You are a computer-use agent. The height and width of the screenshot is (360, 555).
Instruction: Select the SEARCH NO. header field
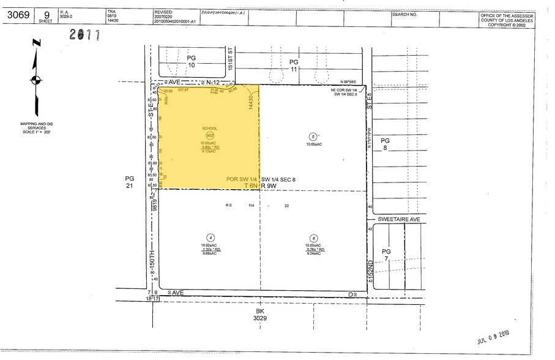coord(404,13)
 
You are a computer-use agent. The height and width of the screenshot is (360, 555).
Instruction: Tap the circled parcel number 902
coord(210,135)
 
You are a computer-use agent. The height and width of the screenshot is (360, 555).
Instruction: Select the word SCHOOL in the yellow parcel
coord(210,128)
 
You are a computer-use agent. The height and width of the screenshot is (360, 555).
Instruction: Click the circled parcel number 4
coord(210,238)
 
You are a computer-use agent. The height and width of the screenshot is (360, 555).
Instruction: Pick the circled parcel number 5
coord(313,137)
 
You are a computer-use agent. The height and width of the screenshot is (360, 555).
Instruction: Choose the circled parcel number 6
coord(313,238)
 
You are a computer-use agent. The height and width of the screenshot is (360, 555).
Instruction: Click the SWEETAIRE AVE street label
coord(396,219)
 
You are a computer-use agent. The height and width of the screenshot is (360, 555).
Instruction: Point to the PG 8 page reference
coord(386,144)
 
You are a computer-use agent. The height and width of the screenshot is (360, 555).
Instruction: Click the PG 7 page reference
coord(386,255)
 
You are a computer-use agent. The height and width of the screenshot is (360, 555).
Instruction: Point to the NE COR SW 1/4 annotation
coord(346,92)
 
